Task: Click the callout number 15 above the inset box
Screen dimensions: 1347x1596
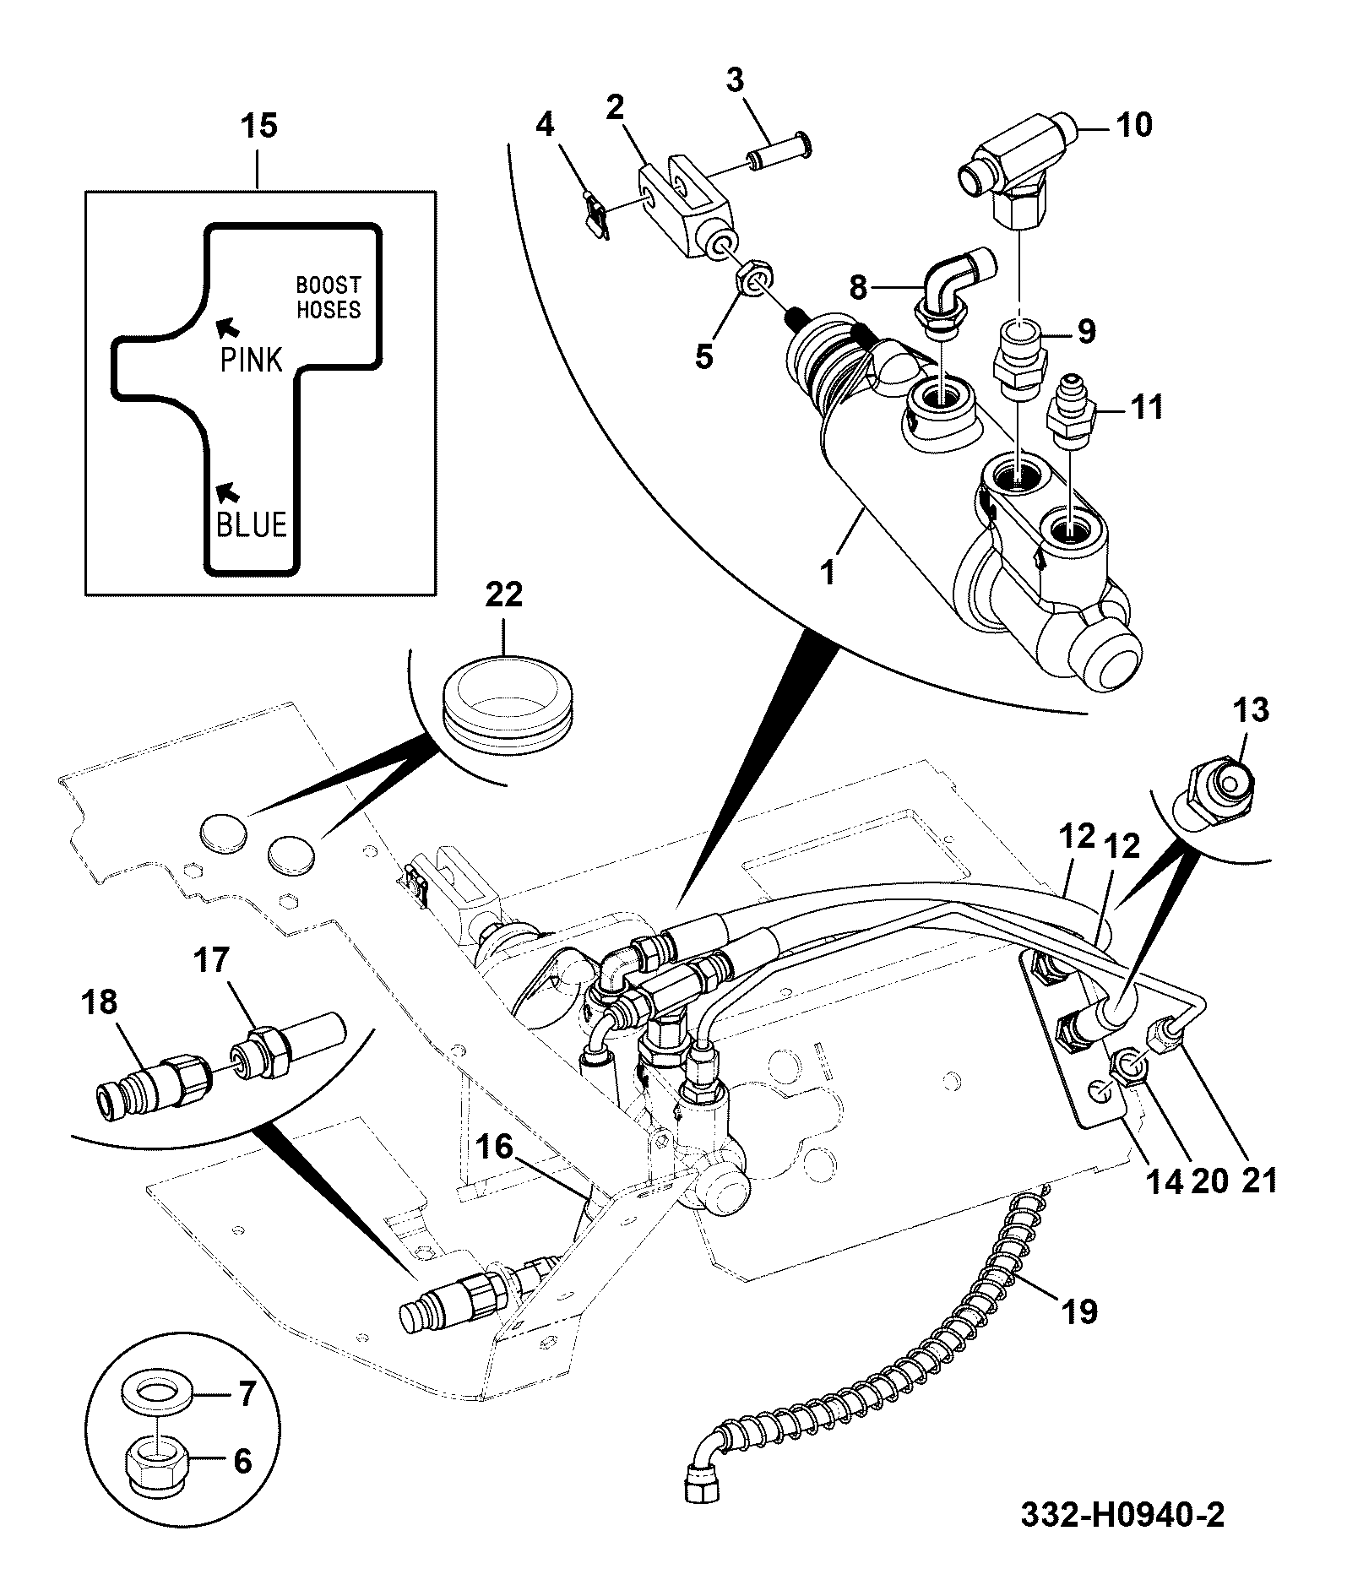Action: point(259,127)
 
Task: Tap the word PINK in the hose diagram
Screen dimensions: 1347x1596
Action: point(251,360)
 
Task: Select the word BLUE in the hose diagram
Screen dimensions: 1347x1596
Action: point(252,524)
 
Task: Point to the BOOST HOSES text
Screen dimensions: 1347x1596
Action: point(328,297)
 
